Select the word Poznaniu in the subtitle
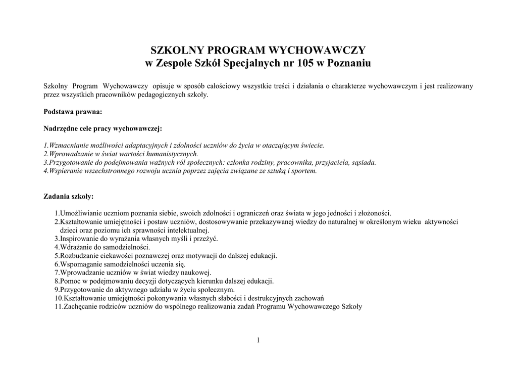pyautogui.click(x=349, y=64)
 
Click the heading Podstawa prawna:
pyautogui.click(x=73, y=111)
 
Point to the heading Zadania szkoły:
pyautogui.click(x=69, y=196)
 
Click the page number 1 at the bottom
pyautogui.click(x=258, y=340)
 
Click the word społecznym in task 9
pyautogui.click(x=217, y=290)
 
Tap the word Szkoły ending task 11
pyautogui.click(x=352, y=306)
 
